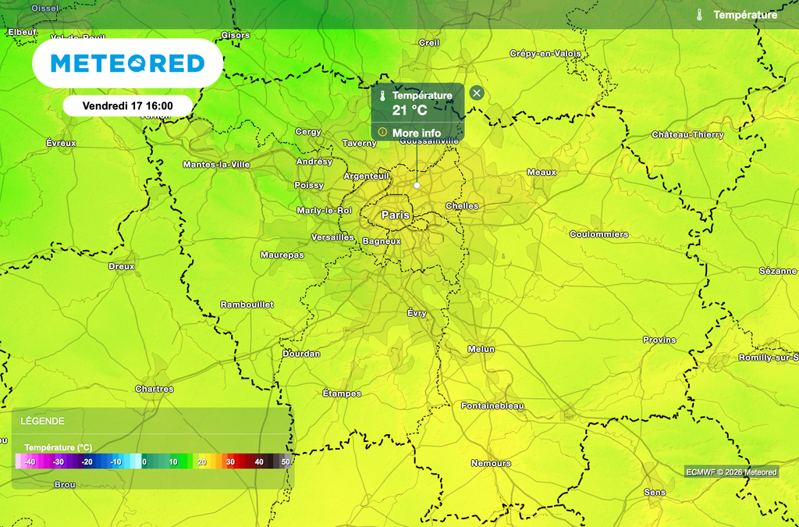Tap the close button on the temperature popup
[x=477, y=93]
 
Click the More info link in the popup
[x=416, y=133]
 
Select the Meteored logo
[x=127, y=63]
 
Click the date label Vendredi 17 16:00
[x=128, y=105]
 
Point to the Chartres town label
[x=154, y=389]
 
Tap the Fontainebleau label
[x=492, y=406]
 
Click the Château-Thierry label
[x=687, y=135]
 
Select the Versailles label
[x=332, y=237]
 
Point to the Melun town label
[x=481, y=349]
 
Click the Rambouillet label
[x=247, y=304]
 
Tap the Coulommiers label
[x=598, y=234]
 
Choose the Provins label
[x=659, y=340]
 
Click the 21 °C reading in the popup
[x=410, y=110]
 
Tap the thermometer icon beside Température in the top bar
[x=700, y=15]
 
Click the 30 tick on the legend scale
[x=230, y=462]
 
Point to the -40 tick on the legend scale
[x=30, y=462]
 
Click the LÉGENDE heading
[x=42, y=421]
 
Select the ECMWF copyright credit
[x=731, y=472]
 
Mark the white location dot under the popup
[x=417, y=185]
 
